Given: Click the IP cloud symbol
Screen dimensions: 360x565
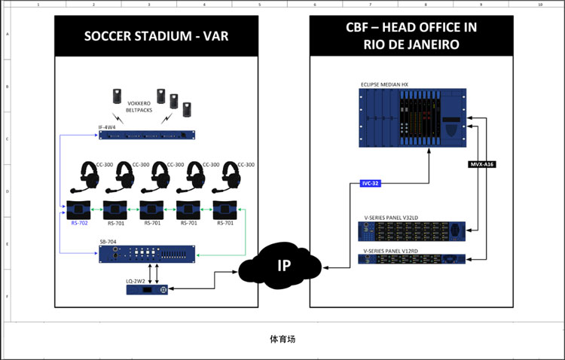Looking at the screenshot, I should pyautogui.click(x=282, y=266).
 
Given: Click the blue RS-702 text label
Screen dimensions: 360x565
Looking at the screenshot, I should pyautogui.click(x=79, y=223).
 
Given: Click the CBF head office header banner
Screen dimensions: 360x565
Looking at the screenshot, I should pyautogui.click(x=411, y=35).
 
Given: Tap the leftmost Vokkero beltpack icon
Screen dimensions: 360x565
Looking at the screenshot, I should pyautogui.click(x=117, y=96).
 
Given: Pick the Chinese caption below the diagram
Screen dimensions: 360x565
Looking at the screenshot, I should pyautogui.click(x=282, y=339).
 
